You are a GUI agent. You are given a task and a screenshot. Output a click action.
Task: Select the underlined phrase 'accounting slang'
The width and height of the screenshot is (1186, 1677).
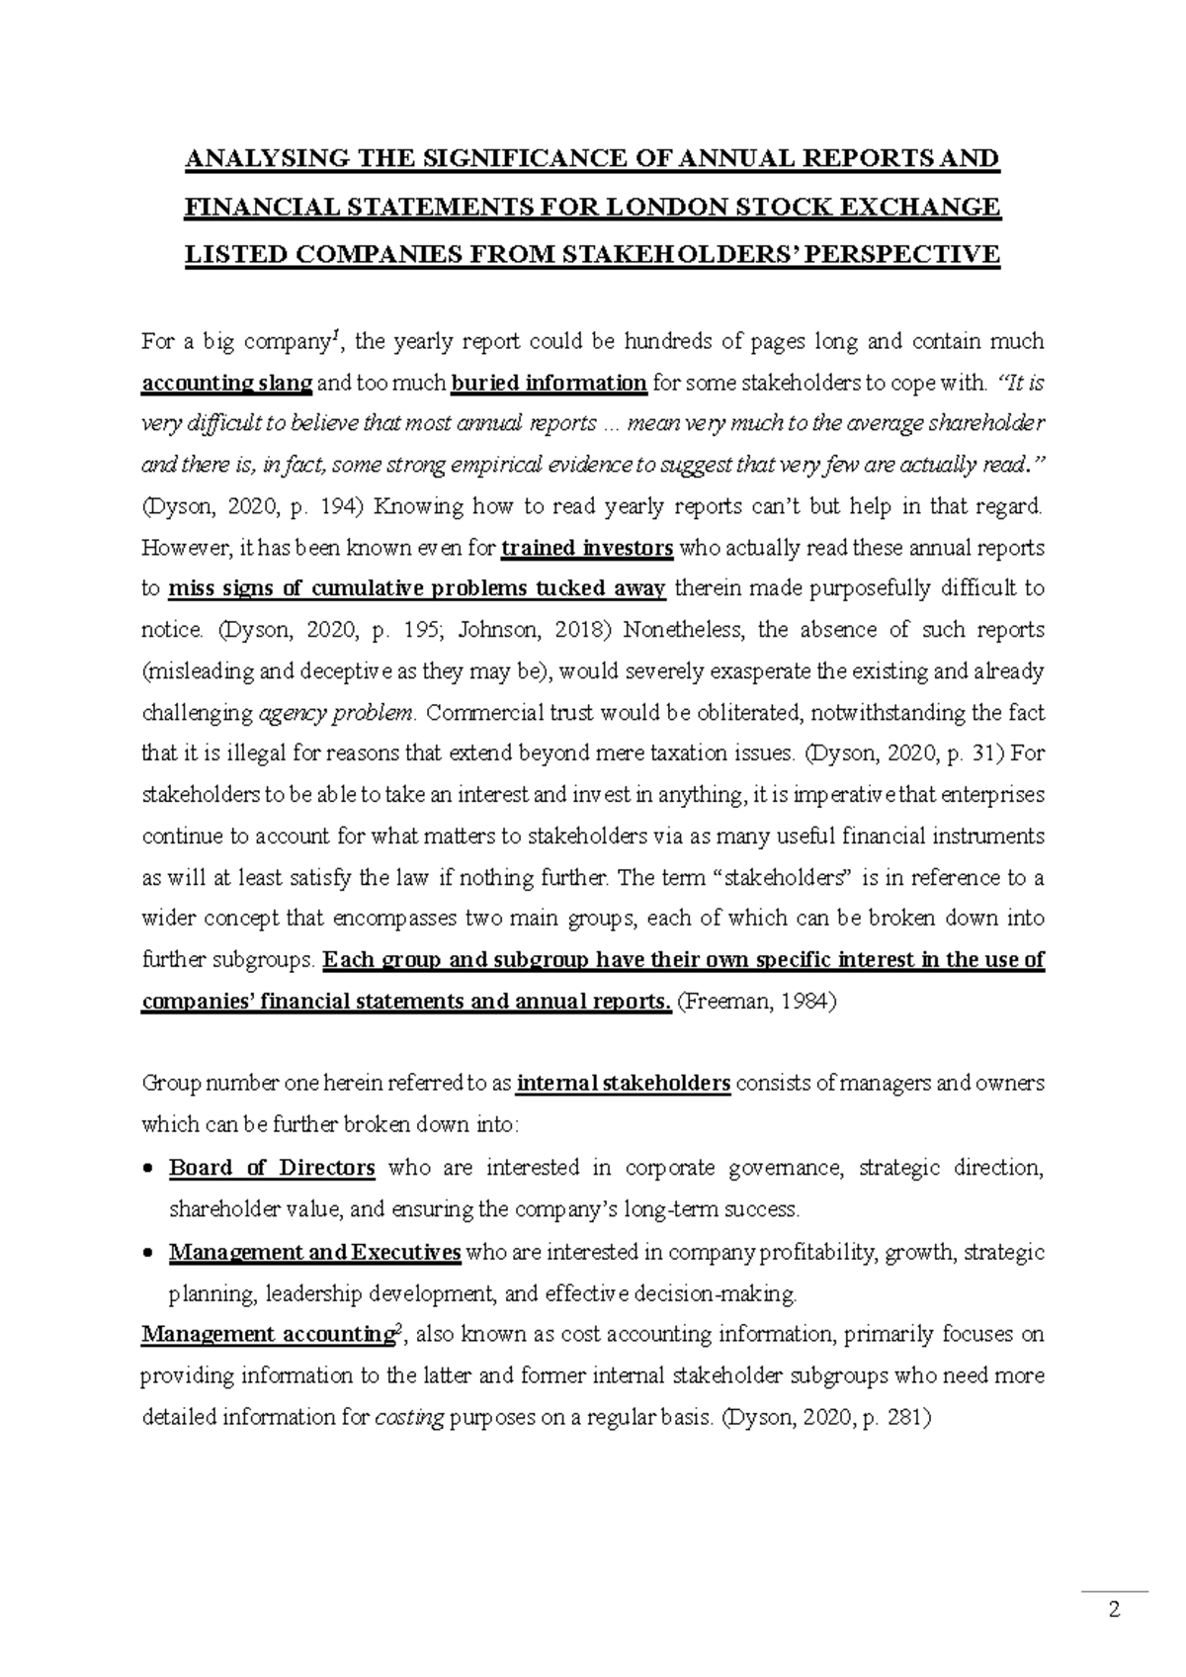point(227,384)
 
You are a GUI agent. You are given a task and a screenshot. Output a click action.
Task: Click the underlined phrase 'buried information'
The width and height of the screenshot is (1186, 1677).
point(550,384)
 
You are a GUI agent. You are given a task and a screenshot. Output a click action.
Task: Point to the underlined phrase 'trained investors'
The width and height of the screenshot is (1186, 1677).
point(588,548)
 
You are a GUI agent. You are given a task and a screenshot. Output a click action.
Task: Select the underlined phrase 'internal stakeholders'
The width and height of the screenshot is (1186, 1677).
point(624,1084)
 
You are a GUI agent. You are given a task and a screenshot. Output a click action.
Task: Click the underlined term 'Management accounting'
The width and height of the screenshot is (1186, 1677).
point(267,1335)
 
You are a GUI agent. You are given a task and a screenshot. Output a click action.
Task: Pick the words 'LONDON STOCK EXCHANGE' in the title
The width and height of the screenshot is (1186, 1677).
point(803,208)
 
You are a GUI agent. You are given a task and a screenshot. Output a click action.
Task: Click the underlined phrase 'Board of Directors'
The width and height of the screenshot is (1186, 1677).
point(272,1169)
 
